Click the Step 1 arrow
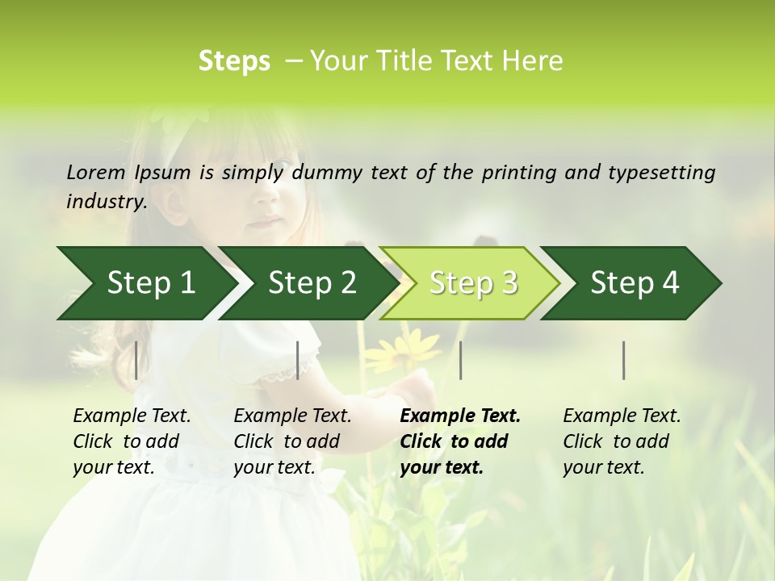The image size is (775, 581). (145, 283)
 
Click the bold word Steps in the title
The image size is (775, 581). (234, 61)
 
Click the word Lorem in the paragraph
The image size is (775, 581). (96, 172)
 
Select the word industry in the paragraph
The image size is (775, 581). (106, 202)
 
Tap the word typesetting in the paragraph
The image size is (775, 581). (653, 172)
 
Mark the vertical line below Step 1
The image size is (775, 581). (136, 360)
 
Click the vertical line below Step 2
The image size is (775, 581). (298, 360)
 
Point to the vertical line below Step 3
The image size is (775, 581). (460, 360)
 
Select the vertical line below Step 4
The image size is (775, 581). (624, 360)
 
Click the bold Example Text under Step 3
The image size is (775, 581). (460, 441)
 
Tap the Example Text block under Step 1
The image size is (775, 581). (132, 441)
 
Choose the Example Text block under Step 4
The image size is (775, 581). (622, 441)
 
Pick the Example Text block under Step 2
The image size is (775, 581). (292, 441)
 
